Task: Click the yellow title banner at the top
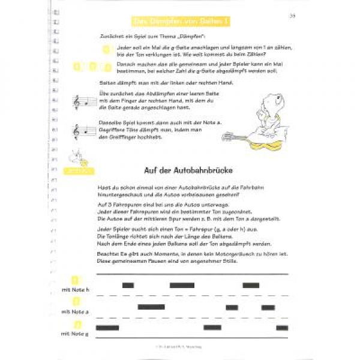coord(182,22)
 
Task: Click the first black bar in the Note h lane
coord(128,285)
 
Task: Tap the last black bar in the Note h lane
coord(251,285)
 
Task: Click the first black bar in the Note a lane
coord(151,307)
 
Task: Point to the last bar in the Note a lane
coord(268,307)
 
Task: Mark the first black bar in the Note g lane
coord(107,328)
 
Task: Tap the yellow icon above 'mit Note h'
coord(76,280)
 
